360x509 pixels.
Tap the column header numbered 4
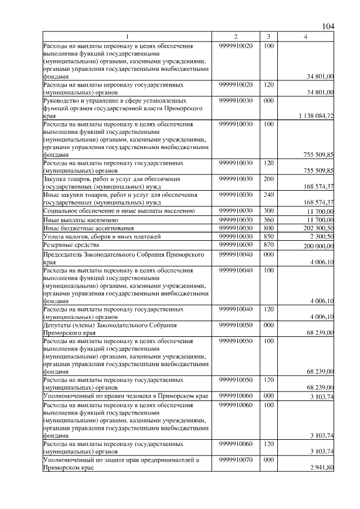(305, 37)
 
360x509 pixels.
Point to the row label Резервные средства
(71, 245)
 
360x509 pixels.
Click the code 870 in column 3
(268, 245)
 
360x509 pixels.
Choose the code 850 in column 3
(268, 237)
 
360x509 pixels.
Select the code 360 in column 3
(268, 219)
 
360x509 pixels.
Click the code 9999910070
(236, 460)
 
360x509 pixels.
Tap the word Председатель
(66, 254)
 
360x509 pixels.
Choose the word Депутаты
(59, 325)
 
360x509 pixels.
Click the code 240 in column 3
(268, 195)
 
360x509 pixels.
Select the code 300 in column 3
(268, 210)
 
